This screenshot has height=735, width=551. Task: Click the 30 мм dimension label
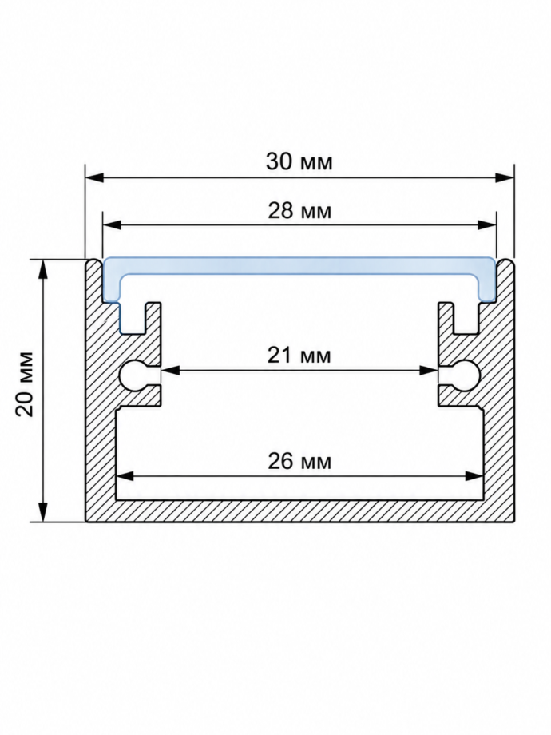click(299, 161)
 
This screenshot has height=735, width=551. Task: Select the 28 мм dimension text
click(299, 211)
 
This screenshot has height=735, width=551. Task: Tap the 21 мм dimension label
click(299, 356)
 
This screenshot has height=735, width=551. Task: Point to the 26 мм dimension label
click(299, 461)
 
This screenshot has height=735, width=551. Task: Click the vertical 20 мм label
click(24, 383)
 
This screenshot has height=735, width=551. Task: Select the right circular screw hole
click(466, 375)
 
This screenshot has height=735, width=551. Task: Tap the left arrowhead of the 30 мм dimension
click(94, 177)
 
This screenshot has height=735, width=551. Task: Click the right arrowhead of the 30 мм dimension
click(505, 177)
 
